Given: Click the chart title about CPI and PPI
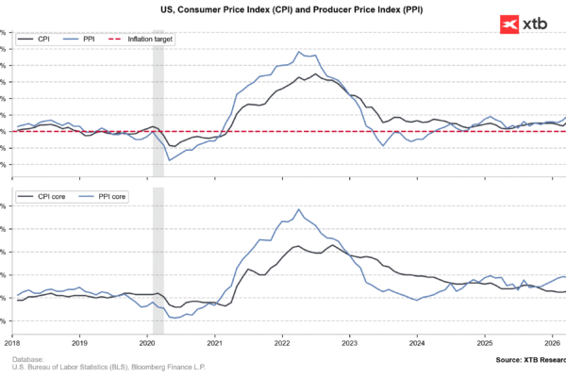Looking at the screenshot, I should (x=283, y=8).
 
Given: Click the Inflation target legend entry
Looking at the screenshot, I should (x=141, y=41).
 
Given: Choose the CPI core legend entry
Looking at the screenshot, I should (x=47, y=196).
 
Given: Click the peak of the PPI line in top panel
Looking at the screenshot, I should (x=298, y=52).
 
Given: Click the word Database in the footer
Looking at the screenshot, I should (x=29, y=359).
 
